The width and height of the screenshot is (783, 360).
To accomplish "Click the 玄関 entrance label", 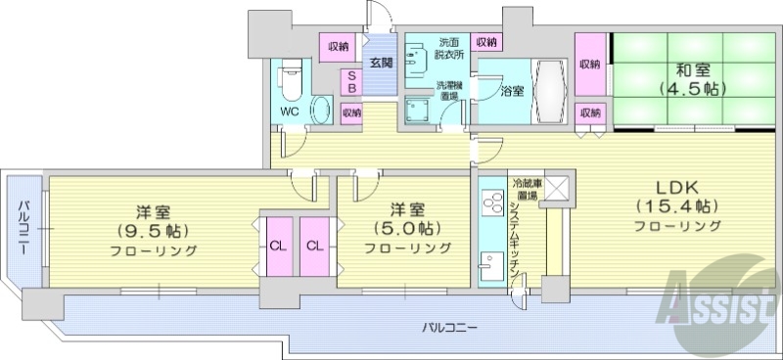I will (x=380, y=63).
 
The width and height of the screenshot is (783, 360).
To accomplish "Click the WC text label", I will (x=290, y=112).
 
